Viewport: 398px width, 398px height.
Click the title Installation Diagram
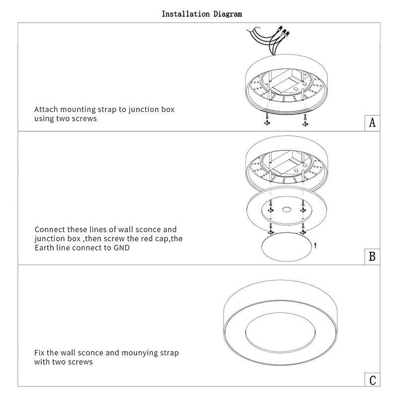click(x=202, y=14)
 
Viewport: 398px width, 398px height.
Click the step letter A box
click(x=372, y=123)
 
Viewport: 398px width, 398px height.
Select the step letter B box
click(x=372, y=257)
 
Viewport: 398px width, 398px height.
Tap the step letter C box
click(x=372, y=380)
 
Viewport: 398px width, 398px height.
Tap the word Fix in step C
click(x=39, y=353)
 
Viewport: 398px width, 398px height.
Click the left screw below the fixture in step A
click(x=267, y=119)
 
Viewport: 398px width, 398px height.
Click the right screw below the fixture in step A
click(x=305, y=120)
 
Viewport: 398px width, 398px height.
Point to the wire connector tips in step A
click(x=285, y=31)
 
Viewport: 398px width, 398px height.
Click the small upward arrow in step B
click(x=315, y=245)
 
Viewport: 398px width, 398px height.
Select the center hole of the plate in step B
click(x=287, y=209)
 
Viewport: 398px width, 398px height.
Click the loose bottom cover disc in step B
click(x=287, y=247)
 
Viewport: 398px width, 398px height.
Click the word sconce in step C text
click(x=91, y=353)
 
